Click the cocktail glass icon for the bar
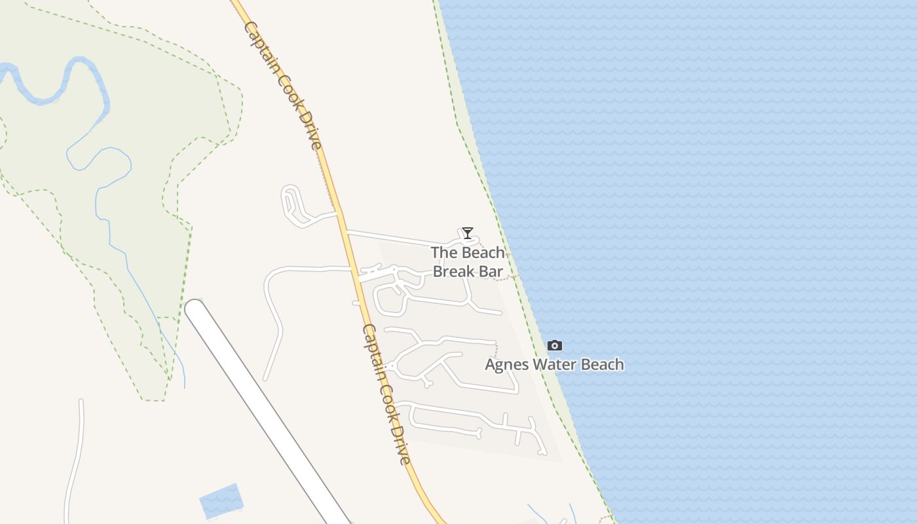(467, 233)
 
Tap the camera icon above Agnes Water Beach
(555, 345)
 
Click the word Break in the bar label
(455, 271)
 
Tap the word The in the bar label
(442, 253)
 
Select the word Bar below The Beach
(492, 271)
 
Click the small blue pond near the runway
(221, 500)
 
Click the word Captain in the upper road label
(261, 47)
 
